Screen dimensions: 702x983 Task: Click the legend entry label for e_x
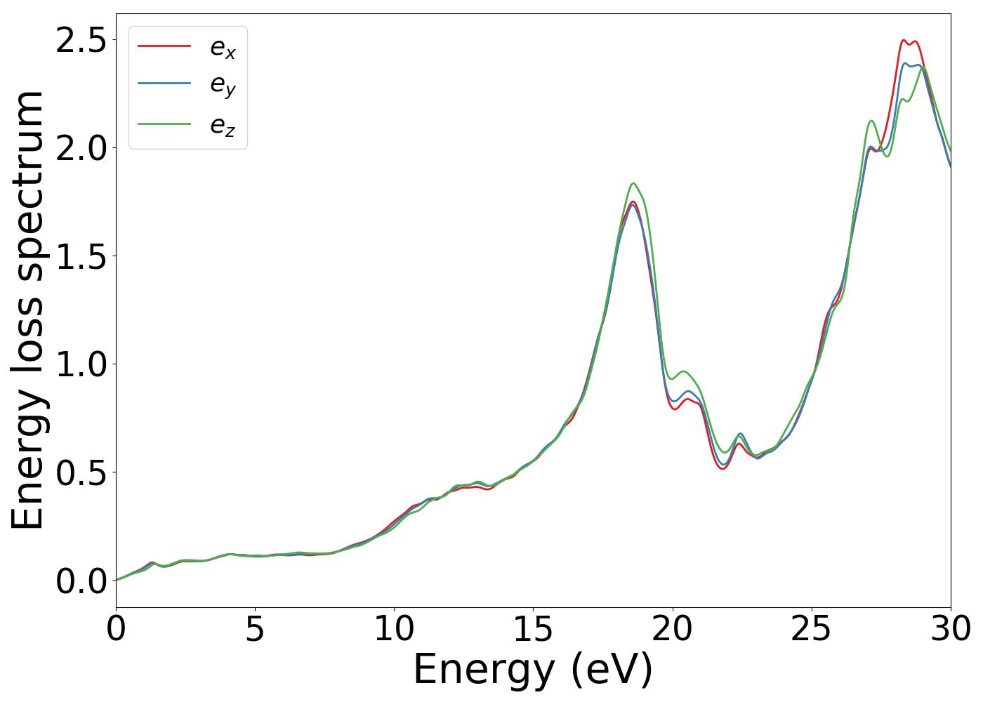coord(223,48)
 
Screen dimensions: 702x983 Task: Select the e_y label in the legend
coord(223,86)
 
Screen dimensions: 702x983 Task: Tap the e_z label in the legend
coord(223,126)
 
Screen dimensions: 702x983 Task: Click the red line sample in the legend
coord(164,46)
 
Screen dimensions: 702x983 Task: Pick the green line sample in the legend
coord(164,124)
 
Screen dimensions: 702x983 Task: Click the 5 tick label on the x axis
coord(255,629)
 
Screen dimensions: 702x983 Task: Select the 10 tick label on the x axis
coord(394,629)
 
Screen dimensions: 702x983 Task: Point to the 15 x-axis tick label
coord(533,629)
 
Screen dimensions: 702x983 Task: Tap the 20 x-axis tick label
coord(672,629)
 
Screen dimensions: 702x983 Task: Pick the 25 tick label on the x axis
coord(811,629)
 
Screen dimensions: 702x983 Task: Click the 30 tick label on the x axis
coord(950,629)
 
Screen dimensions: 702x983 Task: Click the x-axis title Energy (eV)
coord(533,670)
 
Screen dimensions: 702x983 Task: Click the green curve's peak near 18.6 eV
coord(633,183)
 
